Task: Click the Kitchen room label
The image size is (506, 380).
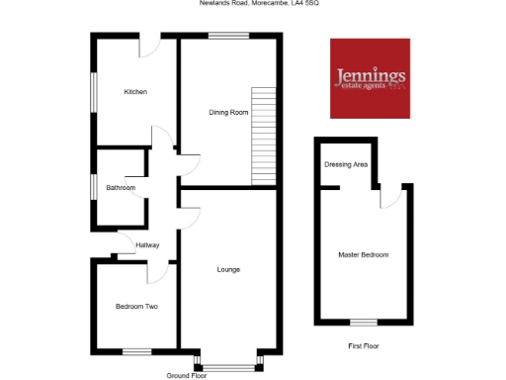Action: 135,92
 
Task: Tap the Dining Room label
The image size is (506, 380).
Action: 227,112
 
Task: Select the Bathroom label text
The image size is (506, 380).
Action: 122,187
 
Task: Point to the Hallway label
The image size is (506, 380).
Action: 147,245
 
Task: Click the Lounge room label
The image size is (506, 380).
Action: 228,269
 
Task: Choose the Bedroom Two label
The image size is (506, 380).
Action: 136,307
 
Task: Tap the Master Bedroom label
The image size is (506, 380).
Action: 362,255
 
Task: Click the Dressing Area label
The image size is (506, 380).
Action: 346,164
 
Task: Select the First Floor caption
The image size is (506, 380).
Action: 363,346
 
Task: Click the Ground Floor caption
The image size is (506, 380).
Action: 187,376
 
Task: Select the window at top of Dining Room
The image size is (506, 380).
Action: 228,36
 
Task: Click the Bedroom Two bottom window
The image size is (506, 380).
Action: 136,350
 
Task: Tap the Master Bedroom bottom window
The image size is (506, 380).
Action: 364,323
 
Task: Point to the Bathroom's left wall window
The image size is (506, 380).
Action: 94,187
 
